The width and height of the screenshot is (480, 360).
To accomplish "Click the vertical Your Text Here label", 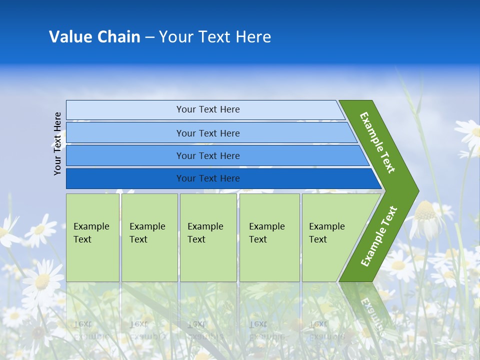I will click(x=57, y=143).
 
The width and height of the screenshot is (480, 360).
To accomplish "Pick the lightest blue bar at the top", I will click(x=207, y=109).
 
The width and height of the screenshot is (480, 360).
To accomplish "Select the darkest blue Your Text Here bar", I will click(x=207, y=178).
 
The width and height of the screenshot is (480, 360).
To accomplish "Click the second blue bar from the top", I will click(x=207, y=133).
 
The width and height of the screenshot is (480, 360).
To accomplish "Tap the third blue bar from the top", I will click(x=207, y=155).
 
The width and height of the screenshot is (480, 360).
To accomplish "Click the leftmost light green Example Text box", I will click(x=92, y=237).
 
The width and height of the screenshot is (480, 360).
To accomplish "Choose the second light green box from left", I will click(x=149, y=237).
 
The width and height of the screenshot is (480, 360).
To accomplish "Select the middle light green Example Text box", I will click(x=208, y=237).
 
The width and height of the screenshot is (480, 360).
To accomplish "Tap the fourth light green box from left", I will click(x=269, y=237).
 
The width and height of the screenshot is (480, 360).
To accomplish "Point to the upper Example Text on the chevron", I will click(x=377, y=142).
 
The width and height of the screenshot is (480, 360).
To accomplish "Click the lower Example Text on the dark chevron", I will click(x=379, y=236).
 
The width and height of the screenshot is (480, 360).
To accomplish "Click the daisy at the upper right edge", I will click(x=470, y=132).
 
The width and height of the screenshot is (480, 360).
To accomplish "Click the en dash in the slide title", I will click(x=149, y=37).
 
